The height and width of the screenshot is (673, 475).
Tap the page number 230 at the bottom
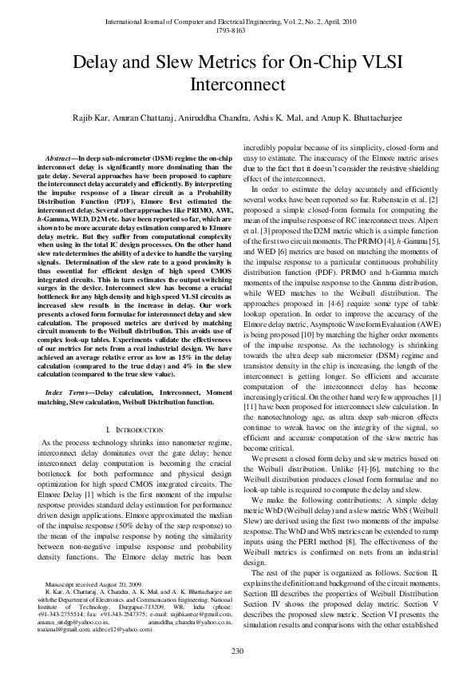(x=237, y=651)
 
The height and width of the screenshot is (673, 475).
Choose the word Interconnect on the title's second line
(x=237, y=83)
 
